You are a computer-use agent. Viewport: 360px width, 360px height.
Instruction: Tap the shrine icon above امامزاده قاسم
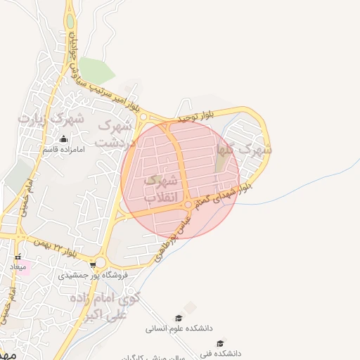click(64, 139)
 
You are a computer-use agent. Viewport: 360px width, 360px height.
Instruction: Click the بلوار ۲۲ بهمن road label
click(68, 250)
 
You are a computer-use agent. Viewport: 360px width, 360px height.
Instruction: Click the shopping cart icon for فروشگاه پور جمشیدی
click(93, 265)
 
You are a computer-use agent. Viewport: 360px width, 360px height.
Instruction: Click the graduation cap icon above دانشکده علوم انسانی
click(179, 318)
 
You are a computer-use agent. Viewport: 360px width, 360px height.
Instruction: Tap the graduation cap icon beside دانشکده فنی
click(221, 343)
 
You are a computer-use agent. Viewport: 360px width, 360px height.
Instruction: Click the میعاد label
click(18, 267)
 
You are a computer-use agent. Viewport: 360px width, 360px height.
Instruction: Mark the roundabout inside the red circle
click(188, 205)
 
